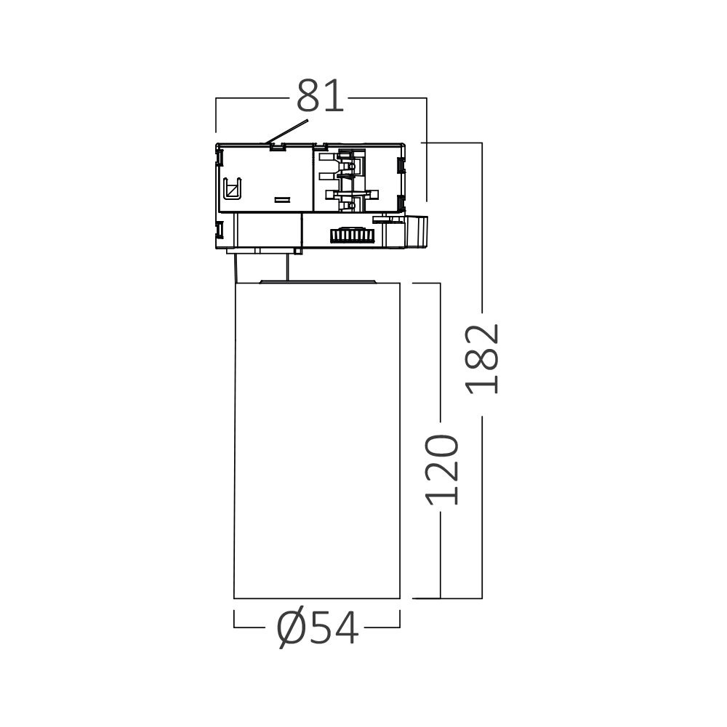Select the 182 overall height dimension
tap(483, 358)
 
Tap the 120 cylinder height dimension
tap(442, 470)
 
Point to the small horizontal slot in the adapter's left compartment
tap(281, 198)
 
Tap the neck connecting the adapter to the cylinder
tap(265, 265)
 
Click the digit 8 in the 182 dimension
tap(483, 358)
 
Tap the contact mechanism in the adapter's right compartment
tap(353, 180)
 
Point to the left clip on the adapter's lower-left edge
tap(220, 230)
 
